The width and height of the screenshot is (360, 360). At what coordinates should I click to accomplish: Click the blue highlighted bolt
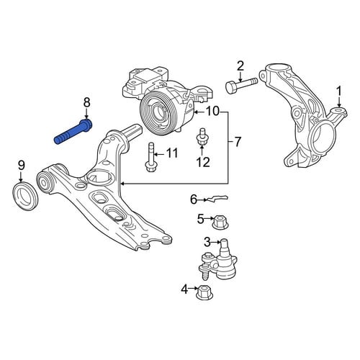[73, 132]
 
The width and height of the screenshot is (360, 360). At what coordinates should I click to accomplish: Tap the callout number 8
[86, 103]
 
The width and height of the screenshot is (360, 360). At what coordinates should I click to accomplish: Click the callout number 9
[21, 166]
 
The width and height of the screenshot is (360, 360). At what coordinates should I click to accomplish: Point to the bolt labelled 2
[241, 85]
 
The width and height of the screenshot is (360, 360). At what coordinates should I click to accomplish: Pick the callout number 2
[240, 66]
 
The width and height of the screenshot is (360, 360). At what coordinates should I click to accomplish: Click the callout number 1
[339, 92]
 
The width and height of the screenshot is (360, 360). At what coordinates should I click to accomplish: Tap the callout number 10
[212, 112]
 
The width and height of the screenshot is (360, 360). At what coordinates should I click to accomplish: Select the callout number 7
[237, 142]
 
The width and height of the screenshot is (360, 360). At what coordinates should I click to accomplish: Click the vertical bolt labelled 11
[151, 157]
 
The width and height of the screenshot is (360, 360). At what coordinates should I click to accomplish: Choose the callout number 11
[171, 153]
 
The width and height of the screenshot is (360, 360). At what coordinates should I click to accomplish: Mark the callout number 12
[203, 162]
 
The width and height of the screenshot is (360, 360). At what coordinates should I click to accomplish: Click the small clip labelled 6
[217, 198]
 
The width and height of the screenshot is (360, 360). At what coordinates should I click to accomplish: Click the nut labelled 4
[204, 292]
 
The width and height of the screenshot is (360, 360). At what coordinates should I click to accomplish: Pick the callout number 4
[184, 290]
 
